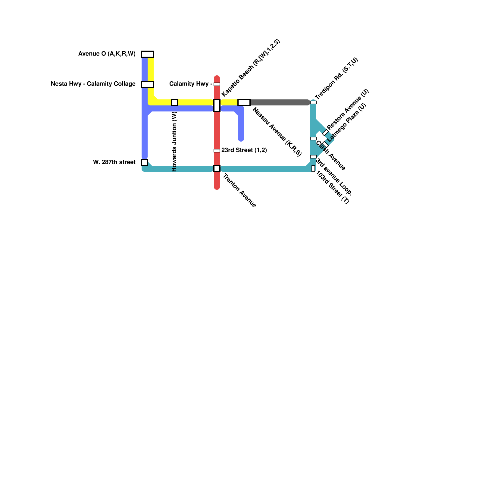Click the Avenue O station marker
(x=148, y=54)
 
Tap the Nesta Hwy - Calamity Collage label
(x=93, y=84)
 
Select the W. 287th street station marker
(x=145, y=163)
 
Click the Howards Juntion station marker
(x=175, y=102)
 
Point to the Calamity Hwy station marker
(x=217, y=84)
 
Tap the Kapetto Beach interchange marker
(x=217, y=105)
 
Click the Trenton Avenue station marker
(x=217, y=169)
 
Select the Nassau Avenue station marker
(x=244, y=102)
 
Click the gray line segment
(x=280, y=102)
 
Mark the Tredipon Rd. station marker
(x=313, y=102)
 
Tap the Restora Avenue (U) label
(x=348, y=109)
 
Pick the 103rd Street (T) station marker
(x=313, y=169)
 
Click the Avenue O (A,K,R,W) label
(x=107, y=54)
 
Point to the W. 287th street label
(x=114, y=162)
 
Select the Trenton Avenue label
(x=239, y=191)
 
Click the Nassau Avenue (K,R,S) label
(x=277, y=132)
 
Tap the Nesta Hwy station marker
(x=148, y=84)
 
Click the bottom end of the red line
(x=217, y=187)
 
